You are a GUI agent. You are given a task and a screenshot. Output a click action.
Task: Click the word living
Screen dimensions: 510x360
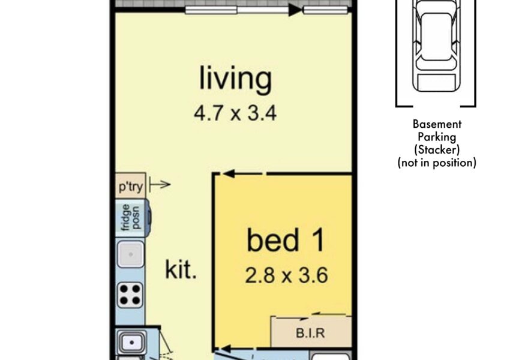(235, 79)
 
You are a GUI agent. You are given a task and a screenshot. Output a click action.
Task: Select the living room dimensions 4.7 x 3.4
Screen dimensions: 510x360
(235, 113)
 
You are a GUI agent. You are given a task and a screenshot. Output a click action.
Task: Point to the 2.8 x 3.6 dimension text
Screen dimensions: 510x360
(286, 275)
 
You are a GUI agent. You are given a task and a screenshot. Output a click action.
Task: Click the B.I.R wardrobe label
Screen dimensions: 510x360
(310, 333)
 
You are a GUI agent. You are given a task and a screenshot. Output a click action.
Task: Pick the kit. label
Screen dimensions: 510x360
(181, 269)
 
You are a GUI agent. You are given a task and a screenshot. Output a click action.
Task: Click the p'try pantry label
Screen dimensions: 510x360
(131, 187)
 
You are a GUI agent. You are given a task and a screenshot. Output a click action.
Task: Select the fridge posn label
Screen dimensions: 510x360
(131, 218)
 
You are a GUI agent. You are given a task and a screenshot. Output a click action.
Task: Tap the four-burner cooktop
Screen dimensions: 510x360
(130, 295)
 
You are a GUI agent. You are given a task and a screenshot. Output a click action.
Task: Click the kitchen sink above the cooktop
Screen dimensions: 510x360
(130, 254)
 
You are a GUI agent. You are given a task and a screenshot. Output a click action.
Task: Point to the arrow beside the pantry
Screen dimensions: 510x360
(160, 185)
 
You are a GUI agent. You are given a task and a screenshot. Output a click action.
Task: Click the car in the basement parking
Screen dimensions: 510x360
(436, 46)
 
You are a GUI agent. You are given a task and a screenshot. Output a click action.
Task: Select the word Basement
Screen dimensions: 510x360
(437, 124)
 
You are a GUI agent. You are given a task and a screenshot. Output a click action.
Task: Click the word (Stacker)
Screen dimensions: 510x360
(437, 149)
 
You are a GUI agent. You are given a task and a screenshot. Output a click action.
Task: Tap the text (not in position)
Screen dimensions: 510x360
(437, 163)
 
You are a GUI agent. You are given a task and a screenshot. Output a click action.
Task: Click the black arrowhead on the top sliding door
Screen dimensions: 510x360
(295, 10)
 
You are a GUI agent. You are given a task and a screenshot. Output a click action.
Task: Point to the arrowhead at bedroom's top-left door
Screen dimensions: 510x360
(229, 173)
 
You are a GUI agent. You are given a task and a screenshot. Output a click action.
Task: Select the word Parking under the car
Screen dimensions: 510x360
(437, 137)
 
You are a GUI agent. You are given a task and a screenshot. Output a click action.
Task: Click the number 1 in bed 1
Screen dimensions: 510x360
(319, 240)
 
